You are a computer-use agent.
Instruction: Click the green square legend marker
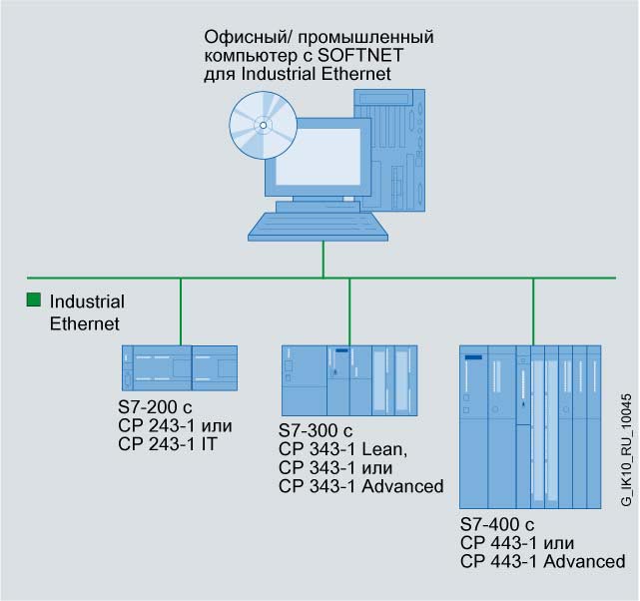pos(35,300)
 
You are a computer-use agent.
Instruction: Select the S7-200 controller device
pos(180,368)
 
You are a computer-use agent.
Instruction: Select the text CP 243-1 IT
pos(168,444)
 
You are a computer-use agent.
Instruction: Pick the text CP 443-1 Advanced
pos(543,562)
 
